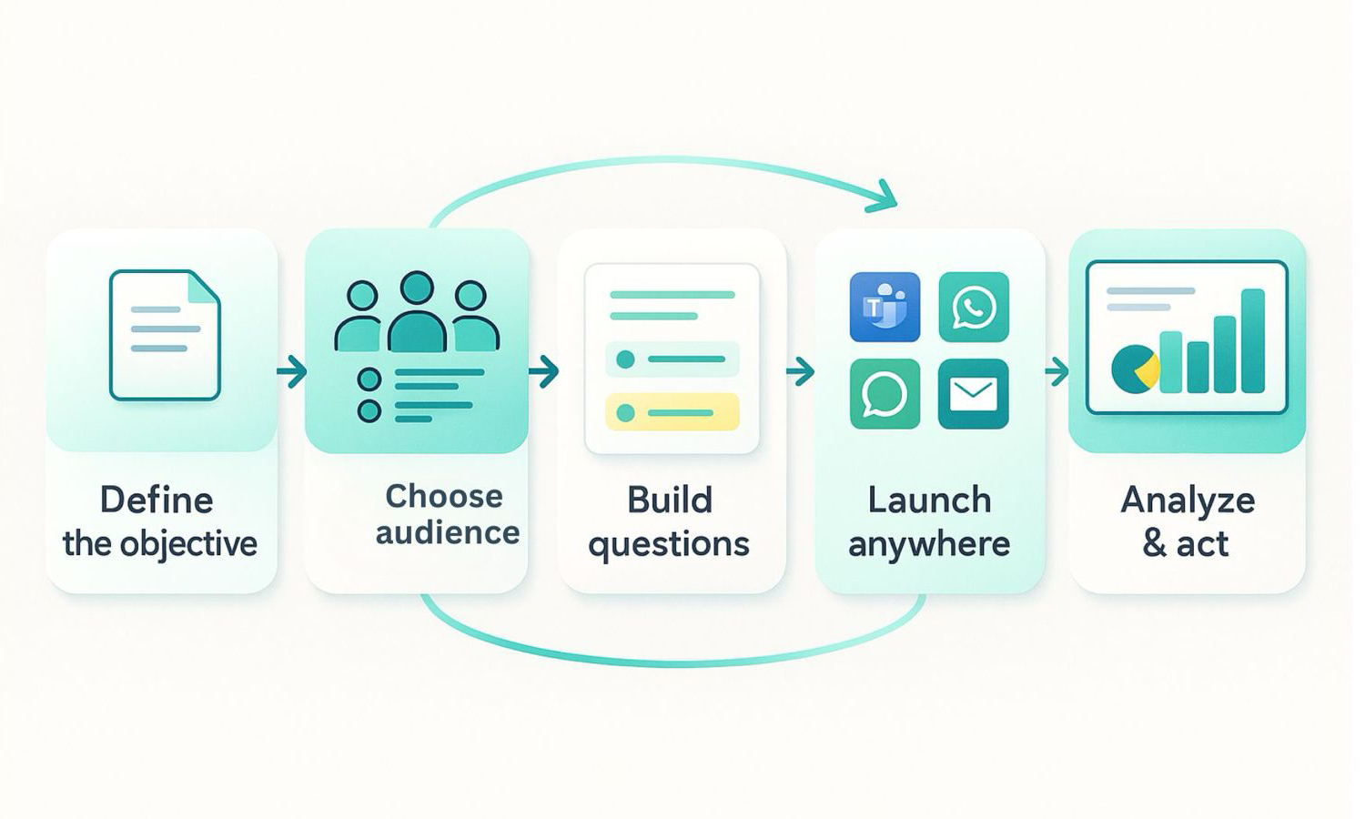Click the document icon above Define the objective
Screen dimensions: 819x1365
(x=165, y=335)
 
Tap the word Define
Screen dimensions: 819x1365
(x=156, y=500)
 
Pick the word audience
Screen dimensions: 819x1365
(x=448, y=532)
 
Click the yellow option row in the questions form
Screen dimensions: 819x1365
(x=672, y=412)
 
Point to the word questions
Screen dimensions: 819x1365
(x=669, y=544)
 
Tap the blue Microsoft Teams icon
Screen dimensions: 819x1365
(x=885, y=307)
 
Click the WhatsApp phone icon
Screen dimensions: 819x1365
(x=974, y=307)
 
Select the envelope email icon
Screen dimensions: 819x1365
(x=974, y=394)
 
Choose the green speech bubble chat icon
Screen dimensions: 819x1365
(x=885, y=394)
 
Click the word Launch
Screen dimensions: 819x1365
(x=929, y=500)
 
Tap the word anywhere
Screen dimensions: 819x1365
(x=929, y=544)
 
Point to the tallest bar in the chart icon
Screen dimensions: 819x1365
(x=1253, y=340)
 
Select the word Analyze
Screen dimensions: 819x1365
(x=1188, y=500)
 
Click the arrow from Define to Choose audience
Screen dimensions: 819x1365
(x=291, y=371)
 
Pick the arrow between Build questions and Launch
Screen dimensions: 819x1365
(x=800, y=371)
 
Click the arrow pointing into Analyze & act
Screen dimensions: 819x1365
(x=1057, y=371)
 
